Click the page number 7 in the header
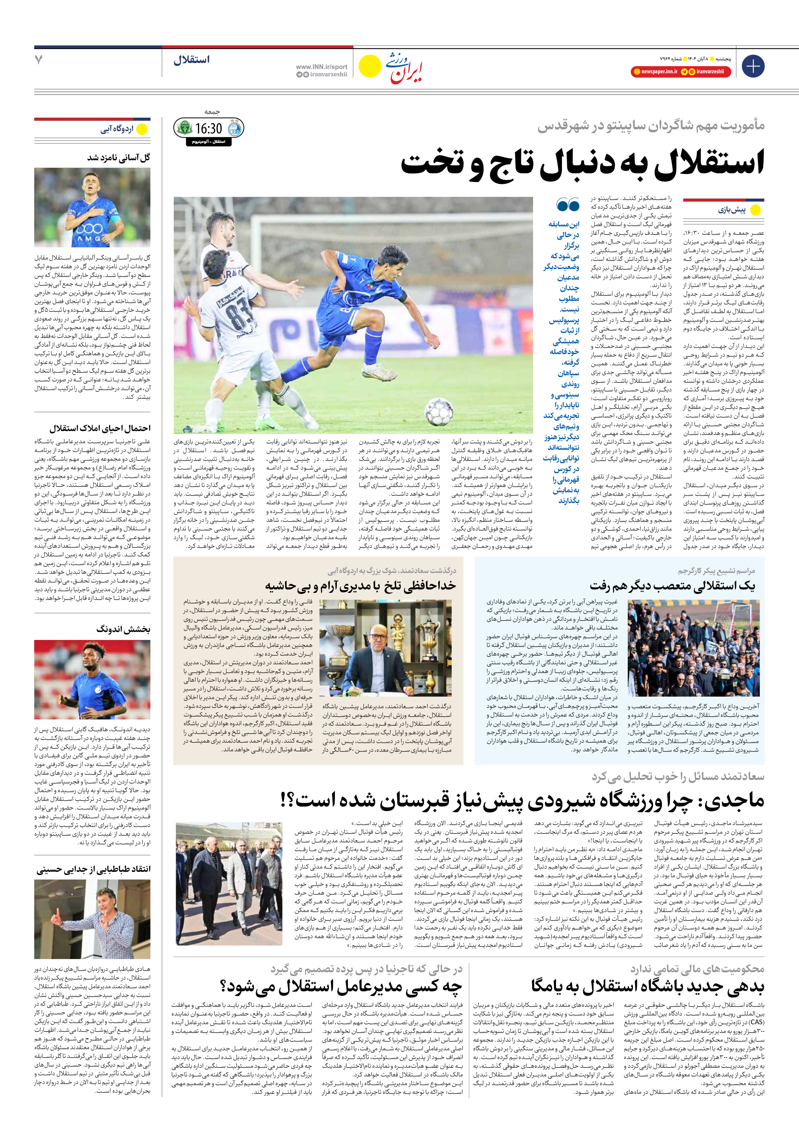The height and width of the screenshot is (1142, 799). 39,60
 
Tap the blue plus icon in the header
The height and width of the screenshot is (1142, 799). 753,66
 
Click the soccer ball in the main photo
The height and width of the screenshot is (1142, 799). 439,411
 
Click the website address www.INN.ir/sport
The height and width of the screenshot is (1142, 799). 321,67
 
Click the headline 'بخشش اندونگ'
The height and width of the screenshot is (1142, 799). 123,629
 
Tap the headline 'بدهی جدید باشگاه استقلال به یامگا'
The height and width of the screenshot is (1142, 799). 648,987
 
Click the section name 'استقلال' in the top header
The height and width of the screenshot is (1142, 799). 191,60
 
